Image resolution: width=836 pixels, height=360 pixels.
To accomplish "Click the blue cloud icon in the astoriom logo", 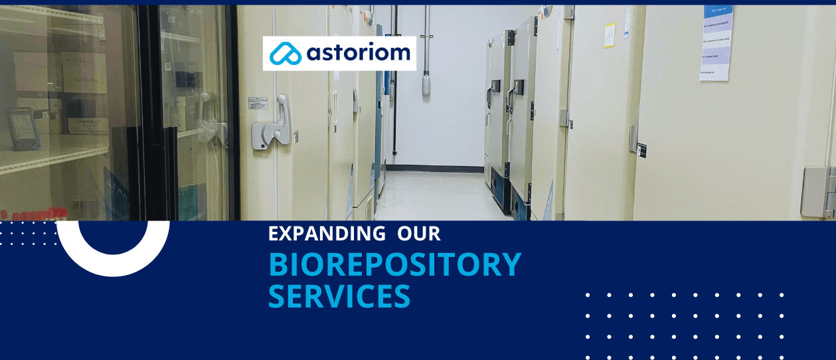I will point(285,54).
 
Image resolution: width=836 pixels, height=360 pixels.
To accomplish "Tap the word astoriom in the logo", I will point(358,53).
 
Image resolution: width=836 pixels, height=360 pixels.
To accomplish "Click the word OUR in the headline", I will point(419,234).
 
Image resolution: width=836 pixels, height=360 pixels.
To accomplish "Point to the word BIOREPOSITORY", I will point(394,264).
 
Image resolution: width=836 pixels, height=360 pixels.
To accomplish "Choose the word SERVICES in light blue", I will point(339,296).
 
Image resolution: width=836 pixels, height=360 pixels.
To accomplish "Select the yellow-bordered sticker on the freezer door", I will point(609,36).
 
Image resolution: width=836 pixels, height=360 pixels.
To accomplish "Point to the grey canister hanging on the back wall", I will point(426,84).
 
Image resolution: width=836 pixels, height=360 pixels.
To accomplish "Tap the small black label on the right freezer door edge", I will point(641,149).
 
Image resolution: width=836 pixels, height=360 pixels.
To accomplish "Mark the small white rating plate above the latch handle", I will point(258,103).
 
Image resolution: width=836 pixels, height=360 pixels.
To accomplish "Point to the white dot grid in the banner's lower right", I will point(685,325).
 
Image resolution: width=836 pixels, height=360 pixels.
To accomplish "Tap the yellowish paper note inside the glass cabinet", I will point(83,72).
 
